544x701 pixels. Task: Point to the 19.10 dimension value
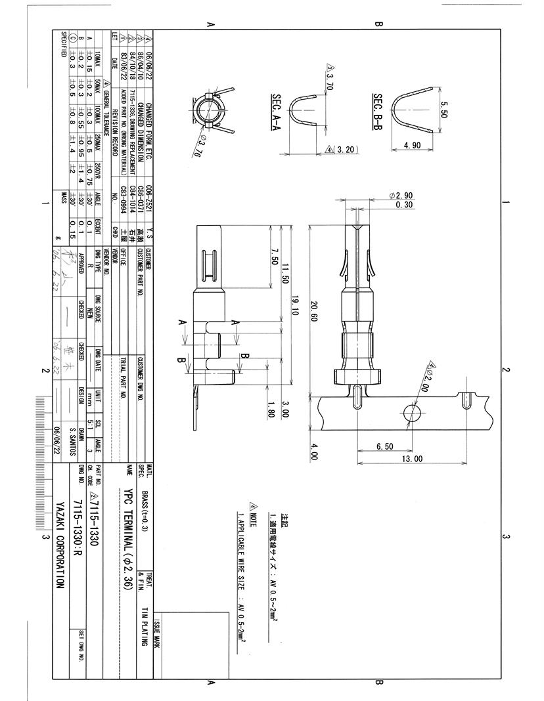tap(295, 304)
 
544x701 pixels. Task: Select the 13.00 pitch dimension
tap(413, 459)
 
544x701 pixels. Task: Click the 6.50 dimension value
tap(385, 446)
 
